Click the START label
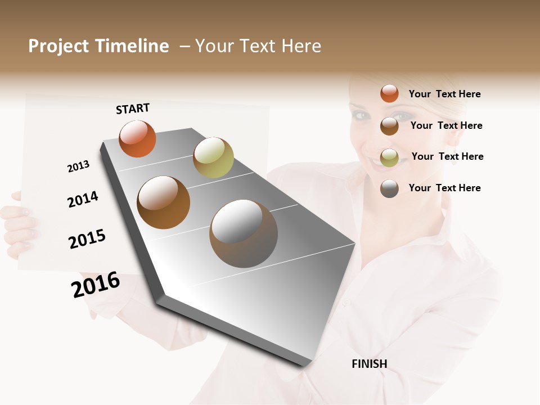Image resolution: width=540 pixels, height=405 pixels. pos(133,109)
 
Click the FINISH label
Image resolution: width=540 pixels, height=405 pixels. pos(369,364)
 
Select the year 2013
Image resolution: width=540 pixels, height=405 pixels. pos(78,166)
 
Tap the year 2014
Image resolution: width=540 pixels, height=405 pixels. pos(83,199)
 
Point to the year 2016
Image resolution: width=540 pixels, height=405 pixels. pos(96,284)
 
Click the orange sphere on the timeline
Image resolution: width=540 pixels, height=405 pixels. pos(137,139)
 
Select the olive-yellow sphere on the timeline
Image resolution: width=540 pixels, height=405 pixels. pos(213,157)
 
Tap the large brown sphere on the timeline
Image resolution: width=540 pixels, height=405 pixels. pos(164,202)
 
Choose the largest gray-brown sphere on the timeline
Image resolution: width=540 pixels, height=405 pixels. pos(244,233)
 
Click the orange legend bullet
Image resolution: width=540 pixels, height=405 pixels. pos(389,93)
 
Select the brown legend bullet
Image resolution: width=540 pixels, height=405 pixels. pos(389,126)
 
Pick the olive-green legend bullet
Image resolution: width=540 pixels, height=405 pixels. pos(389,157)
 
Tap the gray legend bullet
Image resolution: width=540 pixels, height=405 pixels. pos(389,188)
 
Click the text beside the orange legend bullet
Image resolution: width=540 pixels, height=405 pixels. pos(444,94)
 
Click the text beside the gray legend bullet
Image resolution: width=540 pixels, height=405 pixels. pos(444,188)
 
